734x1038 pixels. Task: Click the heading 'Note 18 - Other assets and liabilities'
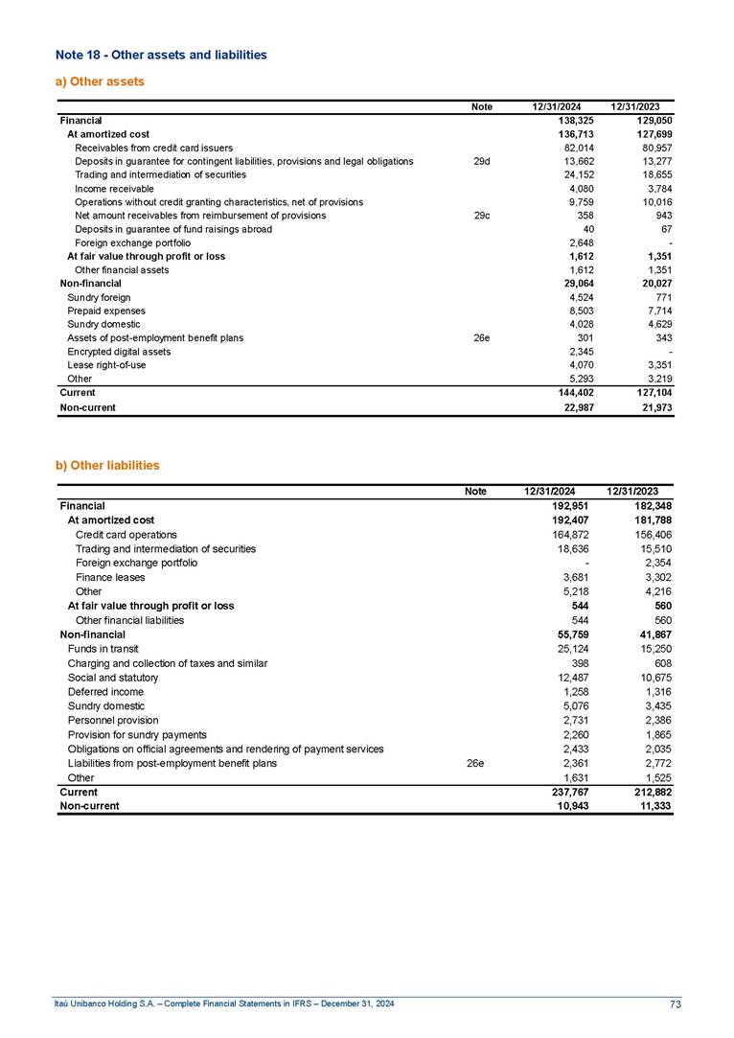click(161, 55)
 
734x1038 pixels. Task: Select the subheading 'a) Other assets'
click(100, 81)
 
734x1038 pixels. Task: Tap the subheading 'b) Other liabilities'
click(107, 465)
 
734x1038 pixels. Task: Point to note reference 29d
click(482, 162)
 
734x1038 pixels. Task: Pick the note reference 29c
click(482, 216)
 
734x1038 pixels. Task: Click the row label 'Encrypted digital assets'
click(119, 352)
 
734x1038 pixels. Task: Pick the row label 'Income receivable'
click(113, 189)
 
